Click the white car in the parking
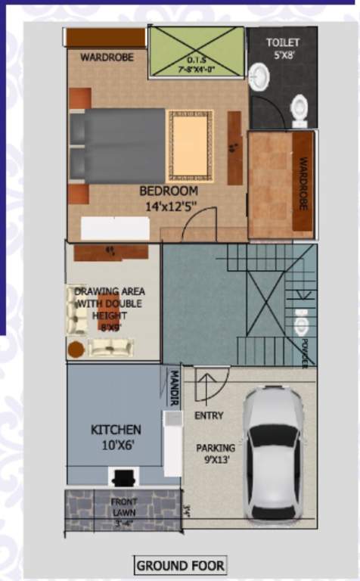coord(273,455)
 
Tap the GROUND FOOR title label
coord(180,565)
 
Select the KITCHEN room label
coord(116,430)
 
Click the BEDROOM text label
coord(169,191)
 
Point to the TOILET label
coord(282,42)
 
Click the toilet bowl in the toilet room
coord(299,110)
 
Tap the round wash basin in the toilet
coord(258,75)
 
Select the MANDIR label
coord(173,388)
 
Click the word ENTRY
coord(208,415)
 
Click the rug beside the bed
coord(190,144)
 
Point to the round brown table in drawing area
coord(76,350)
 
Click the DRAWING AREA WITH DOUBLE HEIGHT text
coord(110,303)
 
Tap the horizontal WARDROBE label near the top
coord(107,57)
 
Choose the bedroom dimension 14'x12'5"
coord(171,205)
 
